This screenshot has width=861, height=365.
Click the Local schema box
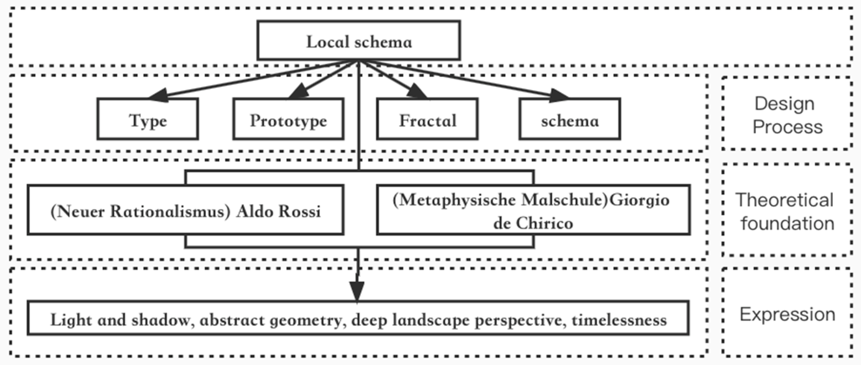pyautogui.click(x=359, y=41)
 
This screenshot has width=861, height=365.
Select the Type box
pyautogui.click(x=148, y=119)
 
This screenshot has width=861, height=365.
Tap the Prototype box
pyautogui.click(x=288, y=119)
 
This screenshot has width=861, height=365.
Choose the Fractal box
pyautogui.click(x=427, y=119)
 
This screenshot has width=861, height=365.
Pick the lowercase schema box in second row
pyautogui.click(x=570, y=119)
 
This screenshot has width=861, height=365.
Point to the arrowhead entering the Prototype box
pyautogui.click(x=299, y=91)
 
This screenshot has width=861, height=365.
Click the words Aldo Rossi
pyautogui.click(x=279, y=211)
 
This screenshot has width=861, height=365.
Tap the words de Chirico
pyautogui.click(x=533, y=223)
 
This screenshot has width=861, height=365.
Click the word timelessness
pyautogui.click(x=619, y=320)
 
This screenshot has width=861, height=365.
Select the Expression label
pyautogui.click(x=787, y=314)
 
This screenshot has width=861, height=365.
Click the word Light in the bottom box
pyautogui.click(x=71, y=320)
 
